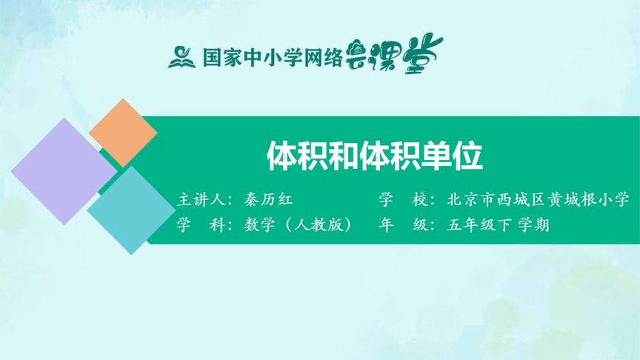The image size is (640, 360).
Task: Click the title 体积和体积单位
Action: [374, 156]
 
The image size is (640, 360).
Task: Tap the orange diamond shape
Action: [123, 133]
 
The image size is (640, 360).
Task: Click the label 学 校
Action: [403, 200]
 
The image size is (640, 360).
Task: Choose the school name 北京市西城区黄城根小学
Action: [538, 200]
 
